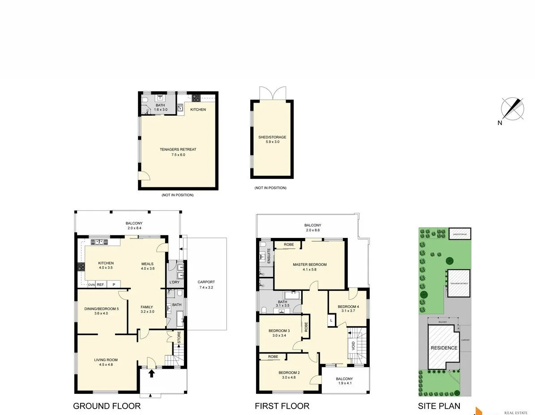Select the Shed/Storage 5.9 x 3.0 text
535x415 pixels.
(x=272, y=139)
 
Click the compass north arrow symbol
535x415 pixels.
(x=513, y=109)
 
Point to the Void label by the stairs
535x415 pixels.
(x=353, y=346)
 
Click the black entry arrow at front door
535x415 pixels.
(x=152, y=372)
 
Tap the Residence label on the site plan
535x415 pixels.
(x=444, y=348)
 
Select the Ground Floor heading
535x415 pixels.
(x=107, y=406)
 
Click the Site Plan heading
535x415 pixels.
(x=439, y=406)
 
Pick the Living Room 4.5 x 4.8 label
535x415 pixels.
(x=106, y=362)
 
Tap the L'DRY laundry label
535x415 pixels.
(x=175, y=282)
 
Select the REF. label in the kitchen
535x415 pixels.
(x=101, y=285)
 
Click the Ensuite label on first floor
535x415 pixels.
(x=269, y=255)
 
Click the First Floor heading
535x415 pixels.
(x=282, y=406)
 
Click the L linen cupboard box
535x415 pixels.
(x=331, y=320)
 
